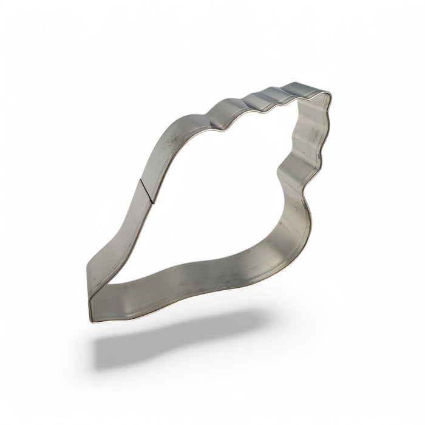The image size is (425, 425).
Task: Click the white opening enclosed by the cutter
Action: point(219,194)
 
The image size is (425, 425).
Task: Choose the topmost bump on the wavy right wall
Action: point(324,115)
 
